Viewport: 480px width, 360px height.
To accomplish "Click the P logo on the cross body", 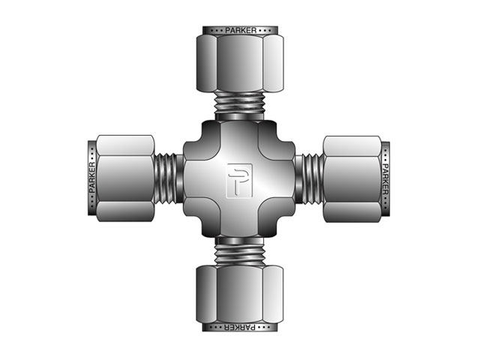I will point(239,179).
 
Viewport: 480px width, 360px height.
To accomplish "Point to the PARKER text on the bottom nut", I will point(239,328).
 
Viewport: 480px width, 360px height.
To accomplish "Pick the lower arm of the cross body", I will point(239,223).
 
